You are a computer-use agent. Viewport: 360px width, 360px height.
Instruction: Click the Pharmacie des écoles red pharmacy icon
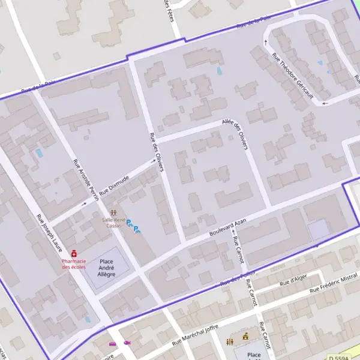click(74, 254)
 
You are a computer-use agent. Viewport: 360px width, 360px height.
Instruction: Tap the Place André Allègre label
click(106, 268)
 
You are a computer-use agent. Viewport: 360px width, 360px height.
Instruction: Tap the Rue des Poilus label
click(234, 278)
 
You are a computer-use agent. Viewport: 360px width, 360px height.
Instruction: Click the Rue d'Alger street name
click(294, 279)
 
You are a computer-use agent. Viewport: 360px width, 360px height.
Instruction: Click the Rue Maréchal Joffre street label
click(195, 335)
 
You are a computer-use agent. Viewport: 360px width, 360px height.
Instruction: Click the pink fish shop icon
click(127, 343)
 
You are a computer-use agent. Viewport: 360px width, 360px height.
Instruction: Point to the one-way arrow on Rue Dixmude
click(152, 161)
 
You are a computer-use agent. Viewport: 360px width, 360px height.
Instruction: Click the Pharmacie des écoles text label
click(74, 264)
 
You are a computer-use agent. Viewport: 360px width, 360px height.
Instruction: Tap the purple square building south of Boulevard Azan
click(318, 229)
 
